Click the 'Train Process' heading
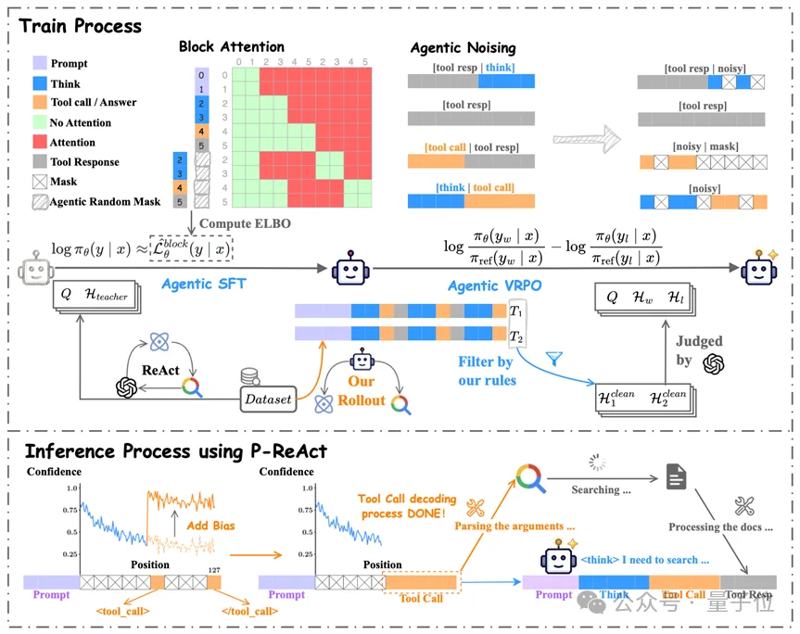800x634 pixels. (x=81, y=26)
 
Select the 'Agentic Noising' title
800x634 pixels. (x=462, y=46)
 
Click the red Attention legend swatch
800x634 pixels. (x=37, y=143)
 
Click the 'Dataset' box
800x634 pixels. (x=266, y=399)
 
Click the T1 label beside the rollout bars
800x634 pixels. (x=516, y=311)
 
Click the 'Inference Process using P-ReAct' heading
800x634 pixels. (x=175, y=451)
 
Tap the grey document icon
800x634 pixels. (x=677, y=477)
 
